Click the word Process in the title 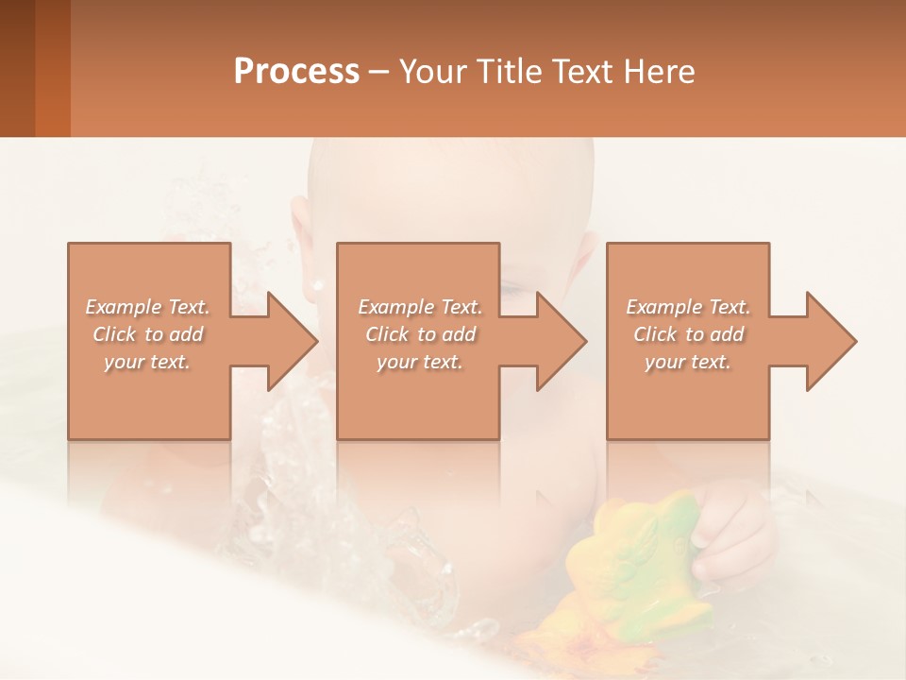pos(296,72)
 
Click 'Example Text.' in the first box pos(148,307)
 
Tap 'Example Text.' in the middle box pos(419,307)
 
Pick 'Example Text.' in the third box pos(688,307)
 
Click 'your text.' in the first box pos(148,362)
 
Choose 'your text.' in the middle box pos(419,362)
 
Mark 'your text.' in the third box pos(688,362)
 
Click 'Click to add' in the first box pos(148,334)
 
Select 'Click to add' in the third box pos(688,334)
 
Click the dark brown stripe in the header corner pos(17,68)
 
